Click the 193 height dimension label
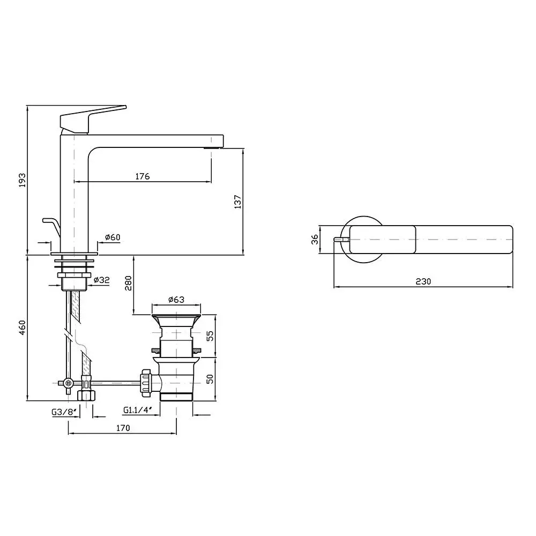click(x=22, y=180)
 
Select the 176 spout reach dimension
click(x=143, y=176)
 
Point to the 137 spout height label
click(x=238, y=202)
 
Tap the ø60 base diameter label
click(x=113, y=237)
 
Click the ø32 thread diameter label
click(x=101, y=280)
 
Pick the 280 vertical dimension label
click(x=128, y=284)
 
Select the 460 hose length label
click(x=22, y=327)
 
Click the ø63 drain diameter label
click(x=176, y=300)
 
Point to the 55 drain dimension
click(x=210, y=336)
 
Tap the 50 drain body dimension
click(x=210, y=379)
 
